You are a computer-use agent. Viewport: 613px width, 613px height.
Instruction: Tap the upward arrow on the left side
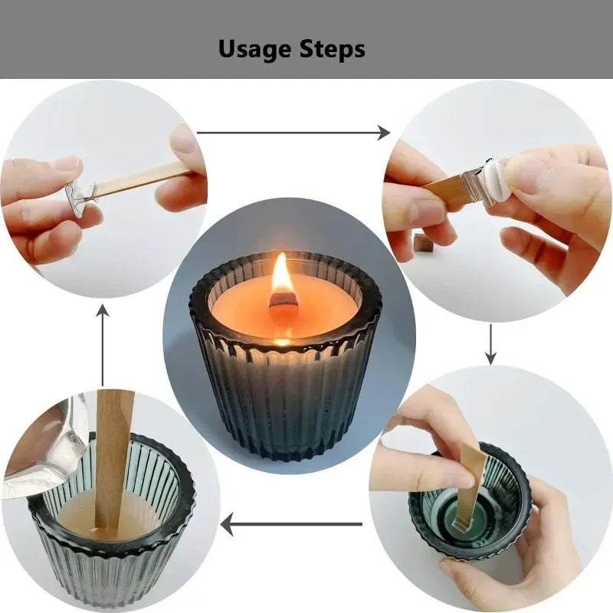coord(103,345)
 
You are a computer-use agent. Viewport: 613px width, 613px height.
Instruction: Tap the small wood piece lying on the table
coord(423,243)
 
